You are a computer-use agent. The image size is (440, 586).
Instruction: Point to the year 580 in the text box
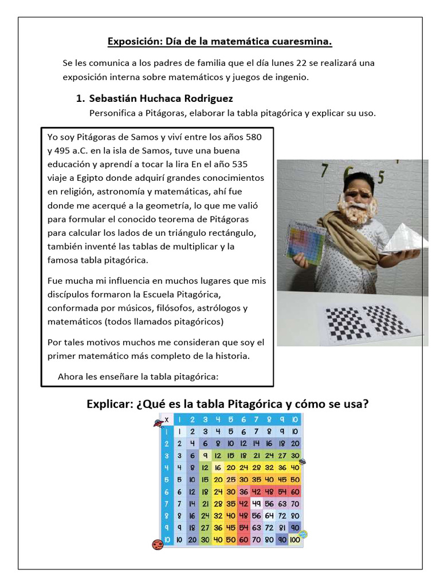pyautogui.click(x=255, y=137)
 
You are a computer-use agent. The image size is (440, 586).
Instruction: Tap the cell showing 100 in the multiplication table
pyautogui.click(x=295, y=539)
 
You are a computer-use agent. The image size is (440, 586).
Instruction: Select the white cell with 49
pyautogui.click(x=257, y=504)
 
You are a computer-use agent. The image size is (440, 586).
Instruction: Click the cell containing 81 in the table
pyautogui.click(x=282, y=527)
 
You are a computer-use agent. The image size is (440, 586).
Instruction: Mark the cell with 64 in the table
pyautogui.click(x=270, y=515)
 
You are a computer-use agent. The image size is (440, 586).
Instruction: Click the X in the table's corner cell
pyautogui.click(x=167, y=419)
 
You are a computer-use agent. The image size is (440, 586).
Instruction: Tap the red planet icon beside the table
pyautogui.click(x=158, y=544)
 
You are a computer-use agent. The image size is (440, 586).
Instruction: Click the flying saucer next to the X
pyautogui.click(x=157, y=423)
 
